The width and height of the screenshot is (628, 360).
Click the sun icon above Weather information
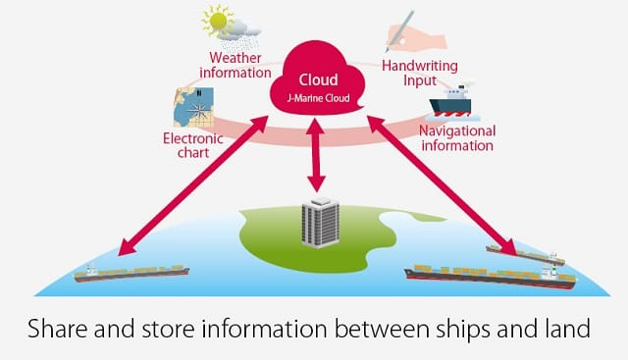point(218,21)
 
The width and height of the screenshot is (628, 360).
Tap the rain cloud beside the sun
point(240,34)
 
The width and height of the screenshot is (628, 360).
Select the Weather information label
point(235,66)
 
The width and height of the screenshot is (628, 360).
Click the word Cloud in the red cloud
point(318,79)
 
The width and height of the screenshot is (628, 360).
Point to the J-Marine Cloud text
point(318,98)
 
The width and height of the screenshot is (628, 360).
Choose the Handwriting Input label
point(420,73)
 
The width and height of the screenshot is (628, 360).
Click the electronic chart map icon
point(193,107)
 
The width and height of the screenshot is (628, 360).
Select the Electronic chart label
point(193,146)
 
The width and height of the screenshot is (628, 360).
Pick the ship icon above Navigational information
point(451,103)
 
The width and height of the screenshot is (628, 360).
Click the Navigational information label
point(457,138)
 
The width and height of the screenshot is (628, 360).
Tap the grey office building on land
point(320,223)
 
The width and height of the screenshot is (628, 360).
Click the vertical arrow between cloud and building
point(316,155)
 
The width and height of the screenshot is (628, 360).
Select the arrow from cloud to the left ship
point(193,185)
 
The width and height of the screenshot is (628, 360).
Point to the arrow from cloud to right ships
point(443,185)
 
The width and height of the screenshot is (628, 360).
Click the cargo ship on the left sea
point(131,273)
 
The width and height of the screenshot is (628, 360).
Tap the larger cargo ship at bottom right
point(491,277)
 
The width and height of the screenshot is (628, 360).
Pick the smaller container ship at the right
point(526,255)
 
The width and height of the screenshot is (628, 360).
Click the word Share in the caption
point(58,329)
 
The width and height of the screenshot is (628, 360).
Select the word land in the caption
point(566,329)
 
